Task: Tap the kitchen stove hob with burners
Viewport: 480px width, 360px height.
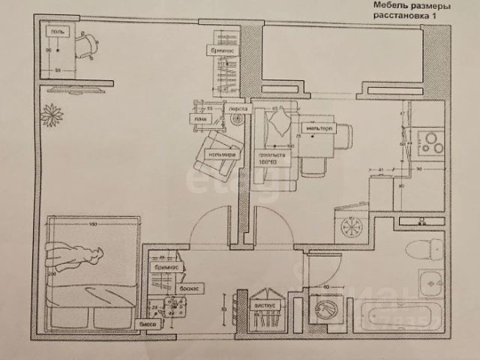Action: click(431, 142)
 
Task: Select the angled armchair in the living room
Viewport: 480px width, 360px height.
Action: click(217, 151)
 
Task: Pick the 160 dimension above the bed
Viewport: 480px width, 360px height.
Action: click(94, 224)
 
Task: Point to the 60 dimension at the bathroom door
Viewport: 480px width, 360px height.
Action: click(325, 286)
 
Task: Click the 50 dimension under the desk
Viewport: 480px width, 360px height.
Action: click(58, 70)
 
